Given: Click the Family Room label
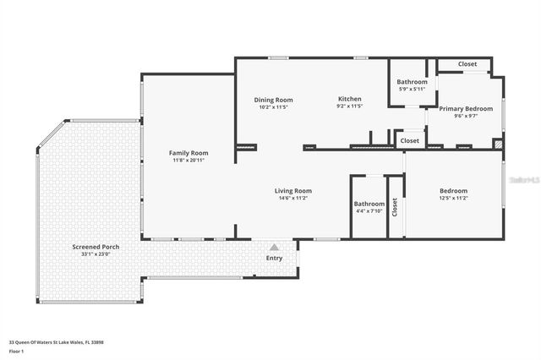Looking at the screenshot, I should [x=189, y=152].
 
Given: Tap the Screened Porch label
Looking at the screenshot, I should [x=96, y=247].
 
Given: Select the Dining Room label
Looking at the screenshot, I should [x=273, y=100].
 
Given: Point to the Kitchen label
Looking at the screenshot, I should [x=350, y=99].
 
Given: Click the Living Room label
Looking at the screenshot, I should [x=293, y=190].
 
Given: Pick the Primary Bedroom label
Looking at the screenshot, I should [x=466, y=108].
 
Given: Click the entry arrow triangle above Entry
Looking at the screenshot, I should [x=274, y=248].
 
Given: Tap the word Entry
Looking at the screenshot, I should [x=274, y=258].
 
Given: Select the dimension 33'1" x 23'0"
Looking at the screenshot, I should [x=96, y=254].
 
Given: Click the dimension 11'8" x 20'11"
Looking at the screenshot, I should [x=189, y=160].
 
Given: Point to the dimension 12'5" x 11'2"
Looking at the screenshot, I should [x=453, y=198].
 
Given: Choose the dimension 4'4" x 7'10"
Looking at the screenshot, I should [x=369, y=210].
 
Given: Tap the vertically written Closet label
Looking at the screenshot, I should [x=395, y=207].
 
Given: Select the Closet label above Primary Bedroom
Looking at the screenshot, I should [x=467, y=64].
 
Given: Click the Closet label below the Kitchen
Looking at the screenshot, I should [x=410, y=140].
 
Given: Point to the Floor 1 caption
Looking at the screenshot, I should [x=16, y=351].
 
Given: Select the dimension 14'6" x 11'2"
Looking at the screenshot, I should [x=293, y=198].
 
